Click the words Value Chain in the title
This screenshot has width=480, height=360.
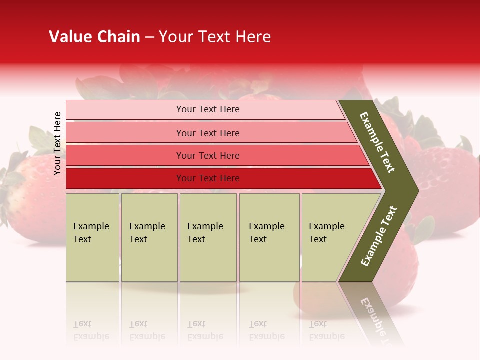pyautogui.click(x=94, y=37)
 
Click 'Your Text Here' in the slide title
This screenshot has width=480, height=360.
pyautogui.click(x=215, y=37)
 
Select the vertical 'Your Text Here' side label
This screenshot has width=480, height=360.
pyautogui.click(x=57, y=143)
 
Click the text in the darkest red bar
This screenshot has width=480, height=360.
pyautogui.click(x=208, y=178)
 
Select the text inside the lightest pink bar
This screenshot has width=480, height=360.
pyautogui.click(x=208, y=109)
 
